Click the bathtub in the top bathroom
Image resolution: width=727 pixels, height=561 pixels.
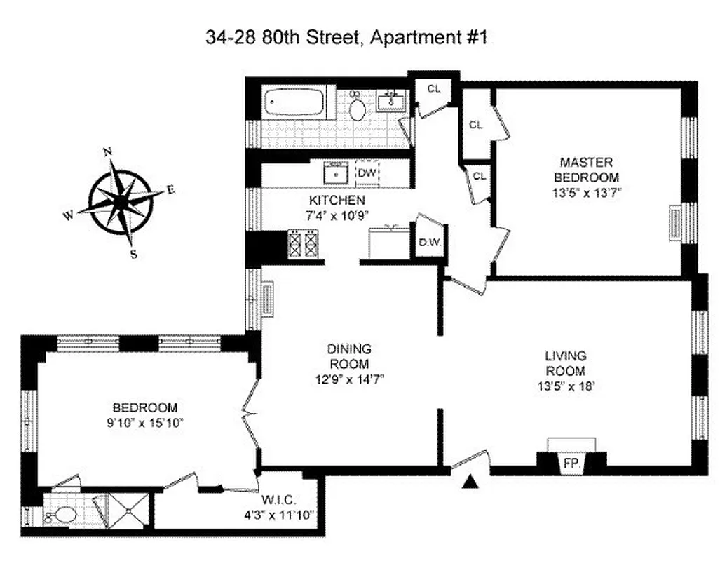click(x=294, y=103)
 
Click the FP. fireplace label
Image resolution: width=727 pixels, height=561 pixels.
click(x=571, y=464)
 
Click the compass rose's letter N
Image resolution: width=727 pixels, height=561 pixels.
click(x=107, y=151)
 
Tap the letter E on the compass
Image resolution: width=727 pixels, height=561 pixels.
click(x=170, y=189)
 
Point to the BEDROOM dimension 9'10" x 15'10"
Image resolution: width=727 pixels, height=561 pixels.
click(x=145, y=422)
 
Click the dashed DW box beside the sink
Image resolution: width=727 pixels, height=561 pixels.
click(x=367, y=172)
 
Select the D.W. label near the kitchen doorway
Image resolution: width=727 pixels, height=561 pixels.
click(x=428, y=243)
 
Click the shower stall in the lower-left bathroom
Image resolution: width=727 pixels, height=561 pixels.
click(x=130, y=511)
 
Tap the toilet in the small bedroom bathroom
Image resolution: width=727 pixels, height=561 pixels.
click(x=62, y=515)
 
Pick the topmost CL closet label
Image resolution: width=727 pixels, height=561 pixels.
click(x=434, y=88)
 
